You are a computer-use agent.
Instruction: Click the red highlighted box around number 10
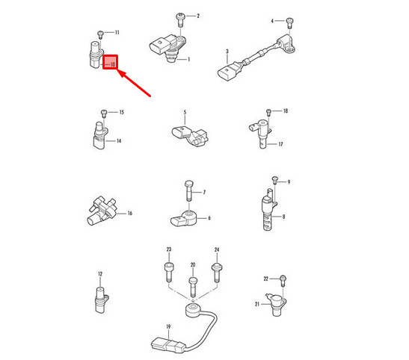pyautogui.click(x=111, y=62)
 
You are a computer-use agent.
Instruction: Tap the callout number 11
pyautogui.click(x=117, y=33)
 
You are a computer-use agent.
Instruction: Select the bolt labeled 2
pyautogui.click(x=179, y=20)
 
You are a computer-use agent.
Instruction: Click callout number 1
pyautogui.click(x=189, y=60)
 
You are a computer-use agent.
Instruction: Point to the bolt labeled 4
pyautogui.click(x=289, y=23)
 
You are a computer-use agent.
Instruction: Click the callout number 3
pyautogui.click(x=227, y=52)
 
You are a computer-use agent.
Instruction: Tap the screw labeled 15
pyautogui.click(x=104, y=114)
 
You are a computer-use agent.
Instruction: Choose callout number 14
pyautogui.click(x=119, y=141)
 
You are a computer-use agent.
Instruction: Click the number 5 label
pyautogui.click(x=185, y=112)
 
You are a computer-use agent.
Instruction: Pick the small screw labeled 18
pyautogui.click(x=269, y=113)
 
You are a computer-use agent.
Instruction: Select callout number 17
pyautogui.click(x=280, y=144)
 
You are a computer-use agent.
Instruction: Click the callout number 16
pyautogui.click(x=130, y=214)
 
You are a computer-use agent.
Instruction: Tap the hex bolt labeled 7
pyautogui.click(x=189, y=190)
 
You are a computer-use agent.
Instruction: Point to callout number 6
pyautogui.click(x=209, y=218)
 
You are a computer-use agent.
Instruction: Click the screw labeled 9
pyautogui.click(x=274, y=180)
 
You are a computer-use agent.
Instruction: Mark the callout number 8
pyautogui.click(x=283, y=217)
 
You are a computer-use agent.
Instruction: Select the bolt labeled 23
pyautogui.click(x=168, y=273)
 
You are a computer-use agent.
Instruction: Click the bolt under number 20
pyautogui.click(x=193, y=287)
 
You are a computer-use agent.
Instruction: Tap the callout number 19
pyautogui.click(x=168, y=326)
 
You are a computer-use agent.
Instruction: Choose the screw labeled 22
pyautogui.click(x=283, y=281)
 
